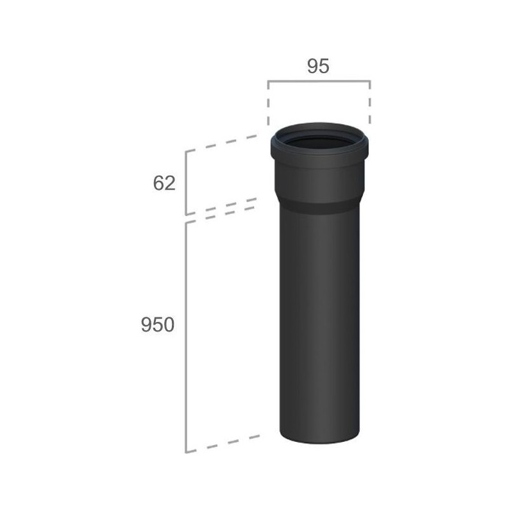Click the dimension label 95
(x=318, y=66)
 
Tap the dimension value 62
(x=164, y=183)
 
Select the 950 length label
(x=158, y=325)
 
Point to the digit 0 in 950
(x=169, y=325)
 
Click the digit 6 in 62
(x=158, y=183)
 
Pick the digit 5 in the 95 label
(x=324, y=66)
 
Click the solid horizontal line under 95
(x=319, y=81)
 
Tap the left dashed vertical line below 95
(x=268, y=103)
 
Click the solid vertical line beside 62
(x=186, y=183)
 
